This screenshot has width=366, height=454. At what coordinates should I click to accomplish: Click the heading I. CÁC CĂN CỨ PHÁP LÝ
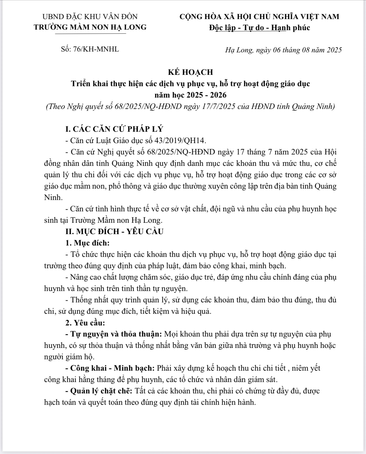[x=114, y=129]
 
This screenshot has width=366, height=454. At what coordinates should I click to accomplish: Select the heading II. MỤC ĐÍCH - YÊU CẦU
[x=114, y=231]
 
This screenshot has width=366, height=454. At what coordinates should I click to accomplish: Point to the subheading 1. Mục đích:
[x=88, y=243]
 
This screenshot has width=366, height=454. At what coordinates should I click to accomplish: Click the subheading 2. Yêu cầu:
[x=85, y=323]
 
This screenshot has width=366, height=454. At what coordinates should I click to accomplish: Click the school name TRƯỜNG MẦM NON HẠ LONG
[x=90, y=27]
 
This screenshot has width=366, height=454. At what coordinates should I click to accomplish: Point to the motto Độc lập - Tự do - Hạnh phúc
[x=259, y=28]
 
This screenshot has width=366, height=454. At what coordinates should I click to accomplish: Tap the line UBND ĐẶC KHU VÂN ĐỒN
[x=90, y=17]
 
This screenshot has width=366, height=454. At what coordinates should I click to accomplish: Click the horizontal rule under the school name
[x=90, y=34]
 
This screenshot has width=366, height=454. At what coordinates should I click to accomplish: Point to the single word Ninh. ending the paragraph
[x=53, y=197]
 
